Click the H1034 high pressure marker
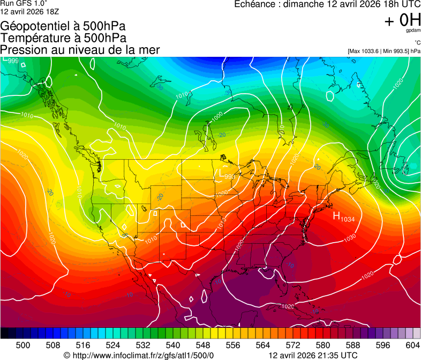pyautogui.click(x=344, y=216)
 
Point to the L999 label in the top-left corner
pyautogui.click(x=11, y=60)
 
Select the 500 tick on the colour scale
pyautogui.click(x=23, y=344)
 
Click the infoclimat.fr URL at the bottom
pyautogui.click(x=139, y=355)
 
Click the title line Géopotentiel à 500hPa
pyautogui.click(x=64, y=26)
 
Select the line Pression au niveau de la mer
pyautogui.click(x=80, y=50)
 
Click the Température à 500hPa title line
pyautogui.click(x=64, y=38)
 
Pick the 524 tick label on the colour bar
pyautogui.click(x=113, y=344)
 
